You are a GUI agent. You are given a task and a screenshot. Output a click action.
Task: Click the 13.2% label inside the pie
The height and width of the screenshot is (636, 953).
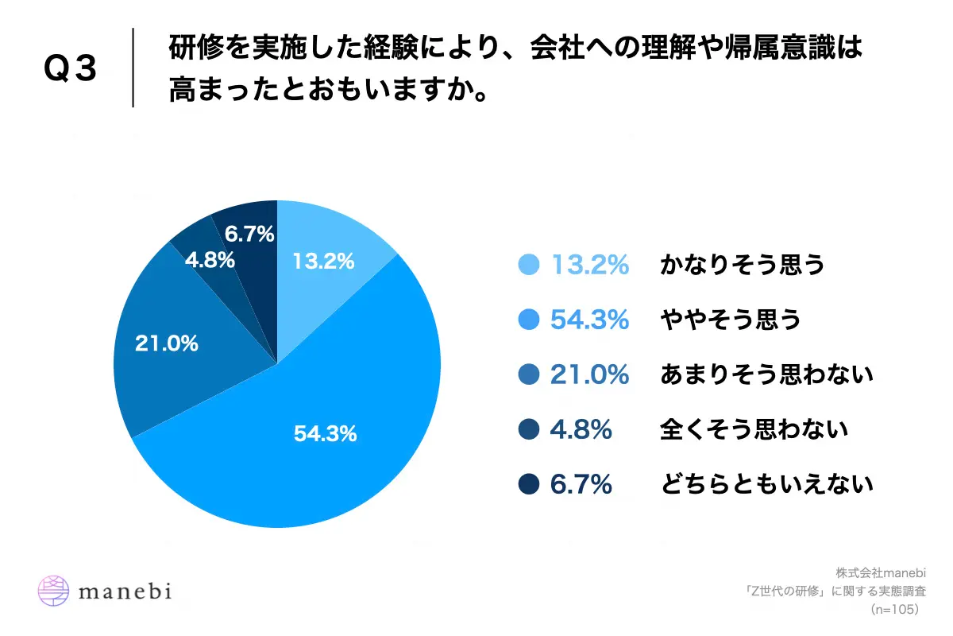click(x=323, y=261)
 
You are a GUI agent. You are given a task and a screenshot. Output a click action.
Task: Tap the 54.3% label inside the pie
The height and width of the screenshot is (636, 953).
click(x=325, y=434)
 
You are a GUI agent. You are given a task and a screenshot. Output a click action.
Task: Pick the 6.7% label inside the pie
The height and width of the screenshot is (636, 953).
click(x=249, y=234)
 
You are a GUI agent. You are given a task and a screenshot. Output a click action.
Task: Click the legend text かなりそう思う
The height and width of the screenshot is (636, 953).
click(x=742, y=265)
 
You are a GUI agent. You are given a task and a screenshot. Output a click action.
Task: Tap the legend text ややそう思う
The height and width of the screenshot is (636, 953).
click(x=730, y=320)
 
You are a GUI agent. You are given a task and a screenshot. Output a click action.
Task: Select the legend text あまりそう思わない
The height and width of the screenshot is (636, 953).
click(x=766, y=374)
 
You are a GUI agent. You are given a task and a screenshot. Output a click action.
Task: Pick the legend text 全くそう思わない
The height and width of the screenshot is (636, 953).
click(x=754, y=429)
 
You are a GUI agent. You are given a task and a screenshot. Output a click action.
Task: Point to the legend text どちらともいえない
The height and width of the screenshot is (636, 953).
click(x=766, y=484)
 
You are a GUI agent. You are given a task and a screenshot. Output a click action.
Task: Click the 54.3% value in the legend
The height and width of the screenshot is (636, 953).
click(x=589, y=320)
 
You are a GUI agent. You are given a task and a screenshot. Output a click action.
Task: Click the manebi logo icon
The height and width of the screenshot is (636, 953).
click(x=54, y=591)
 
